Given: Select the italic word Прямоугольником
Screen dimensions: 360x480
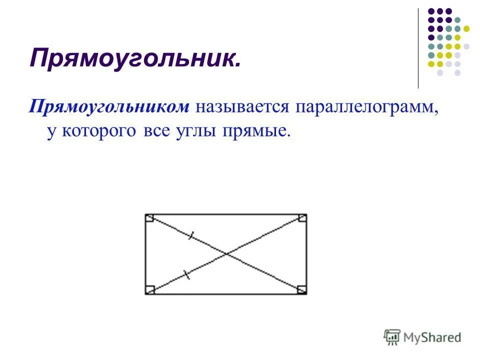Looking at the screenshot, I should [x=109, y=106].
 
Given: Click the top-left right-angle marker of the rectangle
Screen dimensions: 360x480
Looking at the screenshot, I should [x=149, y=218].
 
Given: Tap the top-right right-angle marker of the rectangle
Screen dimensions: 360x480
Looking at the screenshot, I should [x=302, y=218].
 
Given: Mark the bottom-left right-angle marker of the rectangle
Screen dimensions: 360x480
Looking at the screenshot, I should [x=149, y=290].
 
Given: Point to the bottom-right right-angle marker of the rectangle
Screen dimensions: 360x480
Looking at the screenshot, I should [x=302, y=290].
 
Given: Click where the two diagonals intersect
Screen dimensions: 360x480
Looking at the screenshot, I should [x=226, y=254].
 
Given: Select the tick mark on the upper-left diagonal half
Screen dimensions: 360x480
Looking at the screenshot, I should [x=190, y=236].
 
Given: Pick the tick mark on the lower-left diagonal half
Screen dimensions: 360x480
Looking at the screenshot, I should [x=186, y=274].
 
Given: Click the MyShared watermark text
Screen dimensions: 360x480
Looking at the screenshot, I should [x=432, y=337].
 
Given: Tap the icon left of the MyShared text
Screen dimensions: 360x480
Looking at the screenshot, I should [x=392, y=337].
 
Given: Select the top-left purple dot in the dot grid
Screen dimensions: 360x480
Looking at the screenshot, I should [x=431, y=11].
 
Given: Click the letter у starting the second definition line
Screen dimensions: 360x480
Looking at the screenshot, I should [x=50, y=132].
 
